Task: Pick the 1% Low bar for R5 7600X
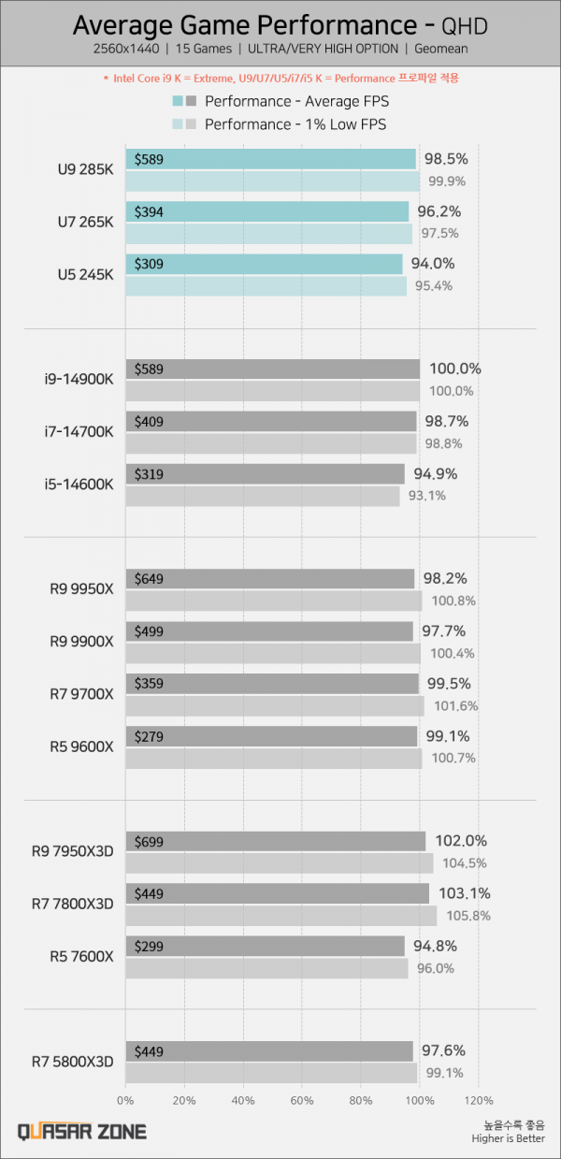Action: pyautogui.click(x=266, y=968)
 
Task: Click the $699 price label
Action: pyautogui.click(x=150, y=841)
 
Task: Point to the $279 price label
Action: pyautogui.click(x=150, y=736)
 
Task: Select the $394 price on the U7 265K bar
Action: pyautogui.click(x=150, y=212)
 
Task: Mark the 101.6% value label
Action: pyautogui.click(x=453, y=705)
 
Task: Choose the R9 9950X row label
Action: pyautogui.click(x=83, y=589)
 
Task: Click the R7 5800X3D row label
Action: pyautogui.click(x=73, y=1061)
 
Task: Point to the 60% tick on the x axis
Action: pyautogui.click(x=302, y=1099)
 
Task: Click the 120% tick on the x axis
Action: pyautogui.click(x=479, y=1099)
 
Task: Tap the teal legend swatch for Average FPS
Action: pyautogui.click(x=178, y=101)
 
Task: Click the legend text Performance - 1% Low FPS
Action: pyautogui.click(x=295, y=123)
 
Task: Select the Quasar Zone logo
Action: pyautogui.click(x=82, y=1131)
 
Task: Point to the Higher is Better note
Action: pyautogui.click(x=509, y=1137)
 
